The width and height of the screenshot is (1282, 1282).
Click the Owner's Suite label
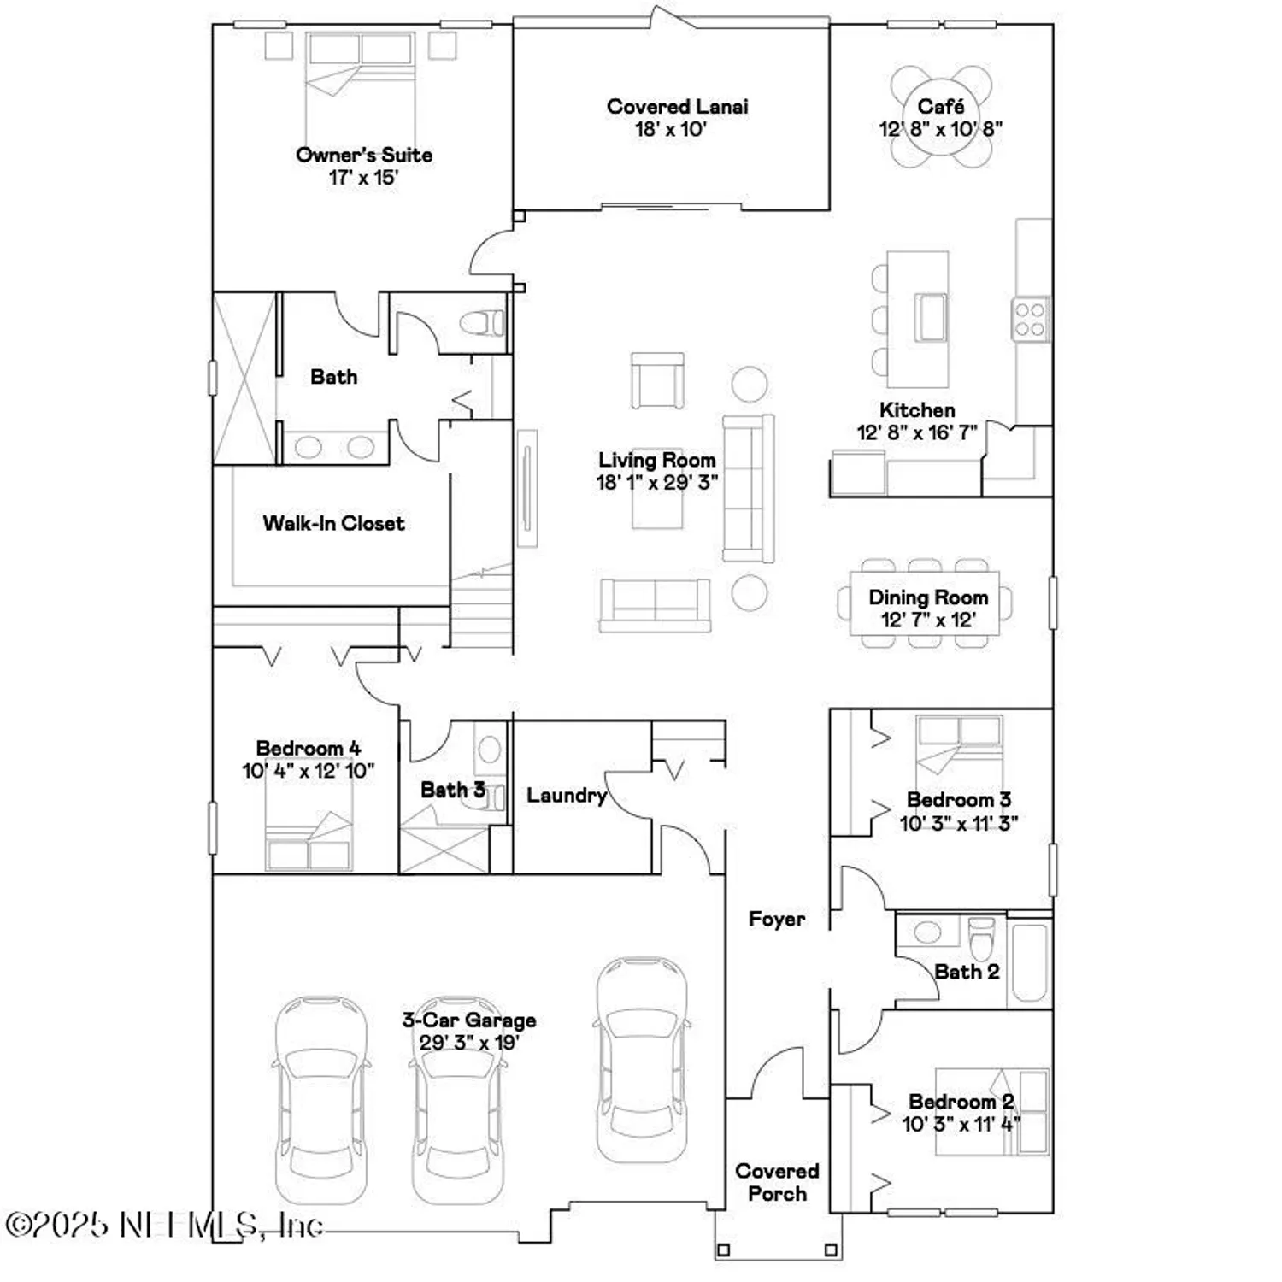click(x=364, y=155)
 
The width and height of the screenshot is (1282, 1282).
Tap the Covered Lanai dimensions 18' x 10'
click(x=670, y=130)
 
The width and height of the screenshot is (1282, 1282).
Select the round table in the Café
click(x=941, y=118)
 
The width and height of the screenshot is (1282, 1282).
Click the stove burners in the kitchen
click(x=1030, y=319)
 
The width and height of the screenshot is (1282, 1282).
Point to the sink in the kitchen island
click(x=929, y=315)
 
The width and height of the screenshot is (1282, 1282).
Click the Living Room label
click(x=656, y=460)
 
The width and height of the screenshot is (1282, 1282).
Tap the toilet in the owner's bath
click(x=483, y=323)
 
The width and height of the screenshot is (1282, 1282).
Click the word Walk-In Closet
click(x=333, y=523)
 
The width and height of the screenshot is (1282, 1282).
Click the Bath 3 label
click(x=452, y=790)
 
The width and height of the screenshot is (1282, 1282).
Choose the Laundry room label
click(x=566, y=795)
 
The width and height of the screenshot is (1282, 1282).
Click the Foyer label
click(x=776, y=919)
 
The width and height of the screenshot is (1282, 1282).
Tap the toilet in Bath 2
click(x=982, y=938)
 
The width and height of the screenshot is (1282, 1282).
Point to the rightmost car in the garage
click(x=641, y=1060)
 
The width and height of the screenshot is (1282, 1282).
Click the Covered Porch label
click(x=777, y=1182)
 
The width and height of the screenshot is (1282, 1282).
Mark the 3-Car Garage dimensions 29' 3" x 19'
click(x=469, y=1043)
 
